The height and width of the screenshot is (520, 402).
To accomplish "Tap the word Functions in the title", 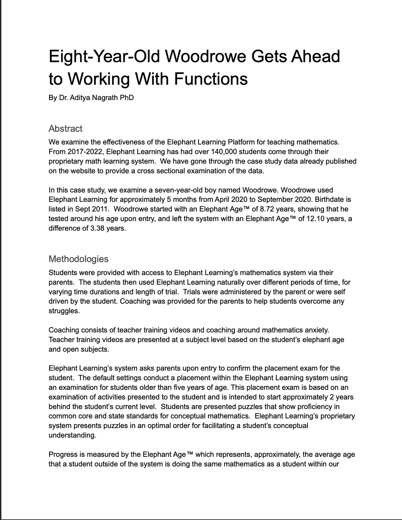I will [x=211, y=78].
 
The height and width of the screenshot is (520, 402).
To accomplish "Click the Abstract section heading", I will [x=66, y=129].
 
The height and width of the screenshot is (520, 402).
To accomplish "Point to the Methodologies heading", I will [x=79, y=259].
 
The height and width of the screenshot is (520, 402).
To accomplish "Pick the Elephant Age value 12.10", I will [x=317, y=219].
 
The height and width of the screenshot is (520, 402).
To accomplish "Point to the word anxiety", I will [x=316, y=330].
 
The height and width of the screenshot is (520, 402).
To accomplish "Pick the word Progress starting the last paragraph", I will [x=62, y=455].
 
